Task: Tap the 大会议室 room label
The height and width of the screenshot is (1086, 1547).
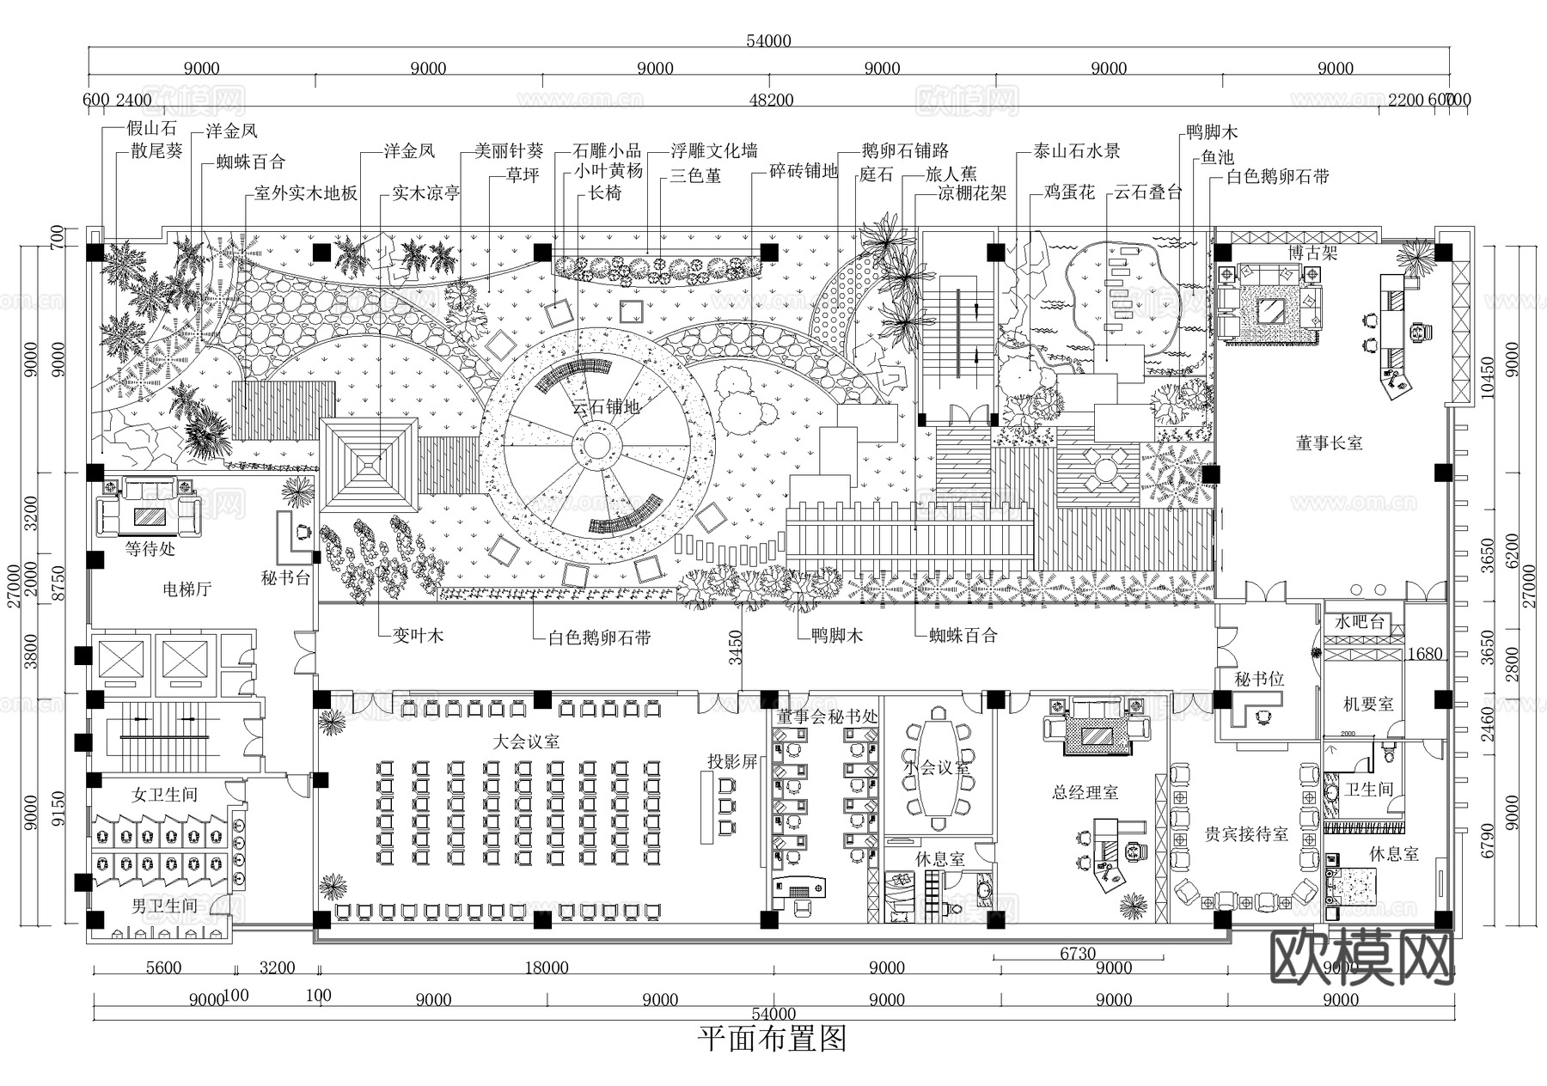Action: click(x=526, y=741)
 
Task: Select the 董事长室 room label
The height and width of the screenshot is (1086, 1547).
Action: click(x=1329, y=443)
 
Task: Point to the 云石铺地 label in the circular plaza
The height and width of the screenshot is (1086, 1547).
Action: click(x=606, y=407)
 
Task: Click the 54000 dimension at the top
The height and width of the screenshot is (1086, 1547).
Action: click(x=768, y=41)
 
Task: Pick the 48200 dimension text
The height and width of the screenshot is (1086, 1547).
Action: click(x=771, y=101)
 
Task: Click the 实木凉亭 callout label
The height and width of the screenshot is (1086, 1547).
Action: click(x=426, y=193)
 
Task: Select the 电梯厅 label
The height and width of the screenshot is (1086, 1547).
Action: click(x=186, y=589)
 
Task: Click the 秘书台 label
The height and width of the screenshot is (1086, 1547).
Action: click(x=285, y=578)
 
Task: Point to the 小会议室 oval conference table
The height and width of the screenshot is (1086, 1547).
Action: click(x=939, y=769)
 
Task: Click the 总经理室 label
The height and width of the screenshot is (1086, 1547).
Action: click(x=1085, y=792)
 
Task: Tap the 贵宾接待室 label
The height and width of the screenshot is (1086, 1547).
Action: click(x=1245, y=834)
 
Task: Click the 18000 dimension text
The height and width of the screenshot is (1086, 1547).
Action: click(x=547, y=968)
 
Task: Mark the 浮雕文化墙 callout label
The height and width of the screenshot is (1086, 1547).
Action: click(x=713, y=151)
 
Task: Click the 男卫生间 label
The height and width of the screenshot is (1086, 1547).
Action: click(x=164, y=906)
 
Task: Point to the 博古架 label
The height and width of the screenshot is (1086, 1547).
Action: click(x=1312, y=253)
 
